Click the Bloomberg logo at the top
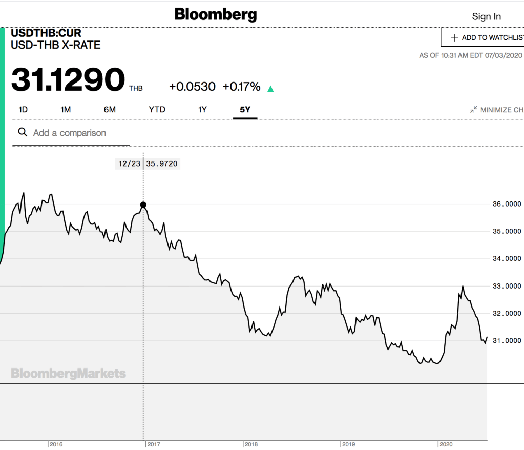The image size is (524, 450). pos(216,14)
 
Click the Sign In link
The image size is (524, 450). pos(486,16)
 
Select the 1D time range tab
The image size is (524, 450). pos(23,109)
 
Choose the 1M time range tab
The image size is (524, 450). pos(66,109)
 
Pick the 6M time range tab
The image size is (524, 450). pos(110,109)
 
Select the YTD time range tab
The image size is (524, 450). pos(157,109)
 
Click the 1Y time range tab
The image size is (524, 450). pos(203,109)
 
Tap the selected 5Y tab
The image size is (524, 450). pos(245,109)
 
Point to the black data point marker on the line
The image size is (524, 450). pos(143,205)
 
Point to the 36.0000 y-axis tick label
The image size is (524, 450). pos(503,204)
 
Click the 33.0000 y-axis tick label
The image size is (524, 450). pos(503,286)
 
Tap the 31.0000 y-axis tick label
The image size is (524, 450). pos(503,340)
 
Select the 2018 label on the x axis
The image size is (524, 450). pos(251,444)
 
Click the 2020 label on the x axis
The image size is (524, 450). pos(446,444)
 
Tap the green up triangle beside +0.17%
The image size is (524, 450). pos(270,89)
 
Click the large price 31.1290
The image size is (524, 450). pos(68,80)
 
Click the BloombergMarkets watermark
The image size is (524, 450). pos(68,373)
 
